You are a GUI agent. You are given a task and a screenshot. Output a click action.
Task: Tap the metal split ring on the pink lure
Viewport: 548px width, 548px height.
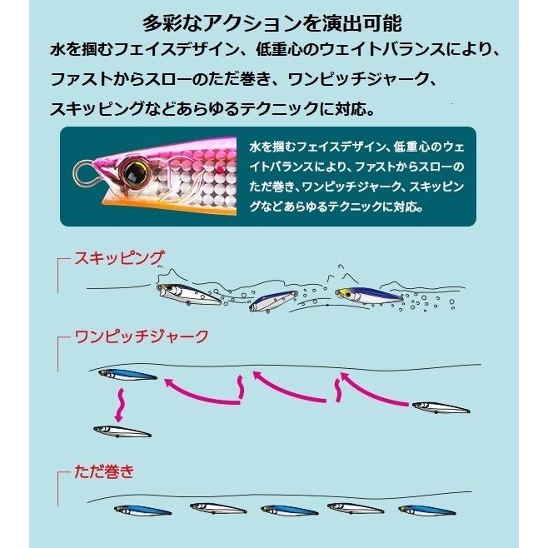click(x=85, y=172)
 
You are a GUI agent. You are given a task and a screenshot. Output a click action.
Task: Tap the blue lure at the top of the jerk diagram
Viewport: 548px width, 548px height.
click(x=127, y=375)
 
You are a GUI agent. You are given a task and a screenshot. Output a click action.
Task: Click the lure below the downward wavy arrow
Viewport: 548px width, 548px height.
click(x=122, y=431)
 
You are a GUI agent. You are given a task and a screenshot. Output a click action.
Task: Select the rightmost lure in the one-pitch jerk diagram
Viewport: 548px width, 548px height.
click(x=441, y=407)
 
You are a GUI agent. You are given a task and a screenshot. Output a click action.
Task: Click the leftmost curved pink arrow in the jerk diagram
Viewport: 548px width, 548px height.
click(x=200, y=390)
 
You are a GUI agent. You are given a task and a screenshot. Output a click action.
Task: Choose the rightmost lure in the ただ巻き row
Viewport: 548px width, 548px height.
click(x=426, y=510)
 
